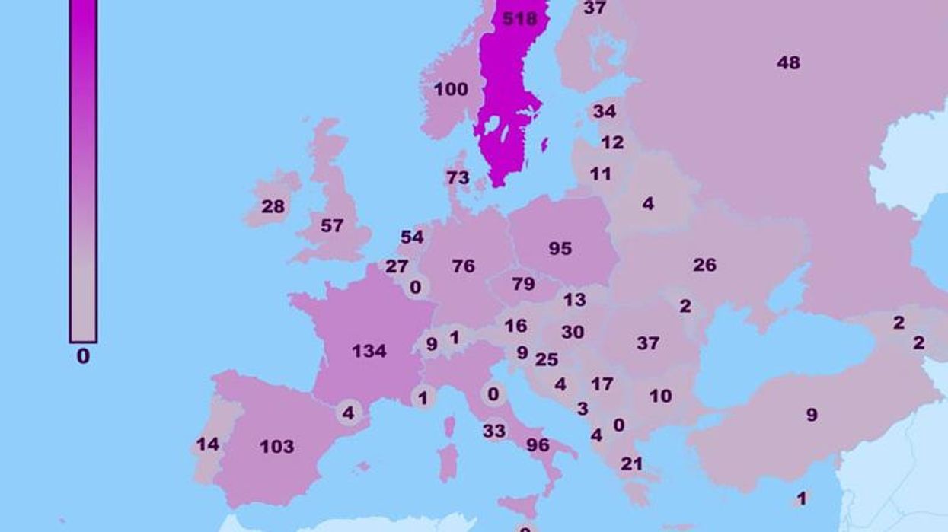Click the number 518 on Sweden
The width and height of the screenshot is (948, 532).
click(520, 19)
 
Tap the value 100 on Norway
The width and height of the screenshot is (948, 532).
click(451, 90)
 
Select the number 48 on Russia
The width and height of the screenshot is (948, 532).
click(788, 62)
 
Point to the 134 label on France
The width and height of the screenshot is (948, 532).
click(369, 351)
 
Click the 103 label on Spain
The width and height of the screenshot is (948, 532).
click(276, 446)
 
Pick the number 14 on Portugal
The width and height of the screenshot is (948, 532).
click(208, 444)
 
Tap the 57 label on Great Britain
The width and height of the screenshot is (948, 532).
click(332, 226)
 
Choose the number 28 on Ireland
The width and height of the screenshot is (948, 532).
click(273, 206)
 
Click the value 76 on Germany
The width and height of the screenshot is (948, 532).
click(463, 266)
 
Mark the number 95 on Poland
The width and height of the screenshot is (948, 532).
click(560, 248)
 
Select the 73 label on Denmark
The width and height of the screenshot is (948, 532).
click(458, 177)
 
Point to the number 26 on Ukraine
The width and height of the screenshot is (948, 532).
click(704, 265)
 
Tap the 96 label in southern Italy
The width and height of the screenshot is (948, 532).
click(538, 444)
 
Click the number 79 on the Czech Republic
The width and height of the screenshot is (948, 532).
click(523, 284)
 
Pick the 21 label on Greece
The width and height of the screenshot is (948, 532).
click(631, 464)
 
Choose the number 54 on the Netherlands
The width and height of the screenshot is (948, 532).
click(412, 237)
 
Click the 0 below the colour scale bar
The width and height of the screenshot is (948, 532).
click(83, 355)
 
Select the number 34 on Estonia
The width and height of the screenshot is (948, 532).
click(605, 111)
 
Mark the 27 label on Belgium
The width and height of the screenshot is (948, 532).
click(397, 266)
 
